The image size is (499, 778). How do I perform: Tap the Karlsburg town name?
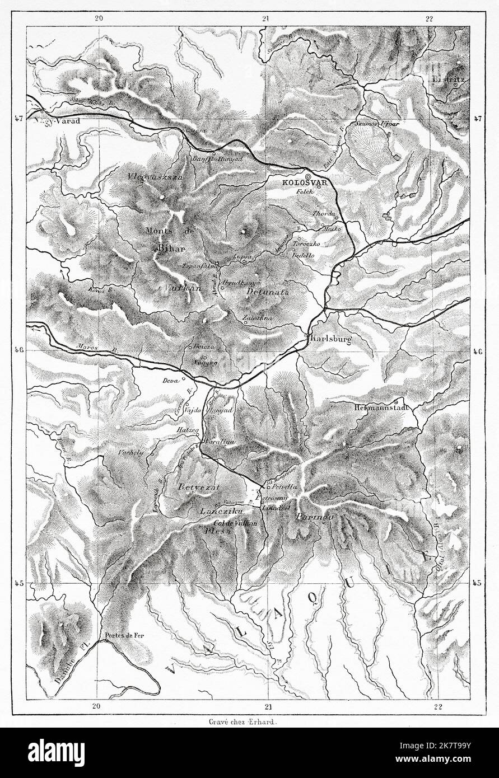point(330,339)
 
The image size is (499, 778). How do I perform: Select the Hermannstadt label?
point(378,408)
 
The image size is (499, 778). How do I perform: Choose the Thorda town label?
point(324,214)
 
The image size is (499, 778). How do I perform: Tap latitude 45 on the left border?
point(18,583)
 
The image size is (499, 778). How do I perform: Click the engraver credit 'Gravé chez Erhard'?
point(249,721)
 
